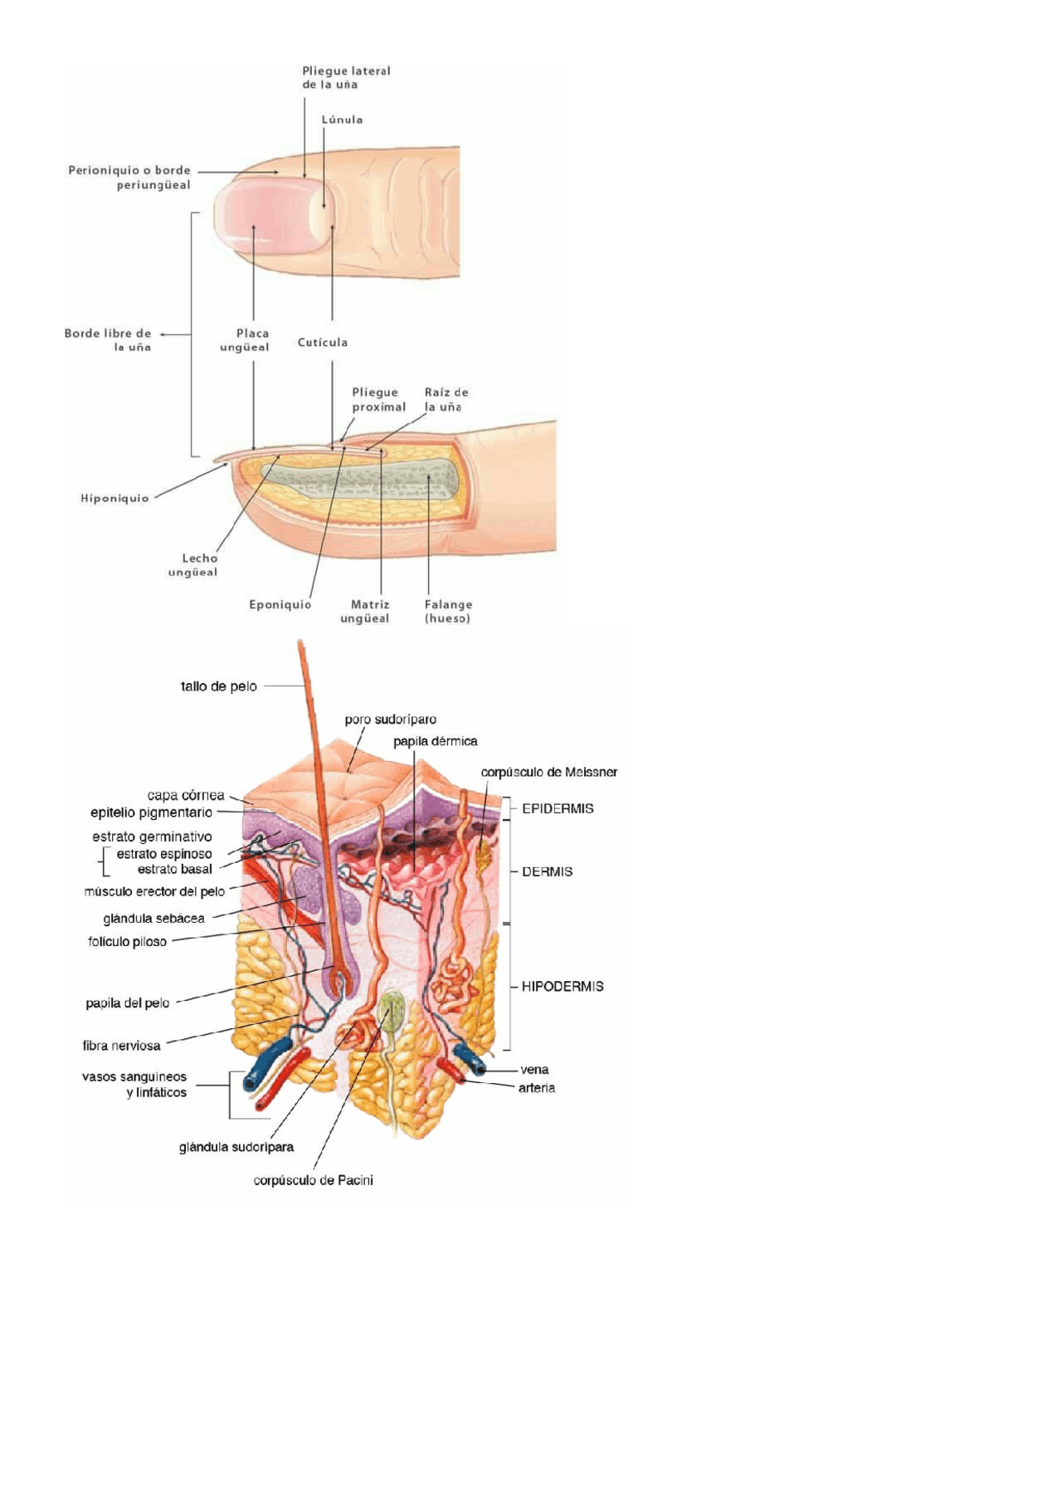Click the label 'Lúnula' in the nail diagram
click(x=342, y=120)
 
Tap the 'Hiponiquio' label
click(x=114, y=498)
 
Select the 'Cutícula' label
click(x=322, y=342)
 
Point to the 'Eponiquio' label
click(x=280, y=605)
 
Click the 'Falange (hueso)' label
click(x=448, y=612)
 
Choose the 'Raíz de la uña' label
click(x=446, y=399)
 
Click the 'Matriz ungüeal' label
click(x=365, y=612)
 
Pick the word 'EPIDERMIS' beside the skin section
click(x=558, y=808)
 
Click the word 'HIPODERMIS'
click(x=562, y=986)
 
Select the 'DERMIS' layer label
click(x=547, y=871)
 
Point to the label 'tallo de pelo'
click(x=219, y=686)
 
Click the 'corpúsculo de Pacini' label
click(x=313, y=1180)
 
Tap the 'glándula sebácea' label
click(x=153, y=919)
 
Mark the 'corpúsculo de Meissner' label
click(x=548, y=772)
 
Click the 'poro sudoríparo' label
click(x=390, y=720)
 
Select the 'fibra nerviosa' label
click(x=121, y=1046)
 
